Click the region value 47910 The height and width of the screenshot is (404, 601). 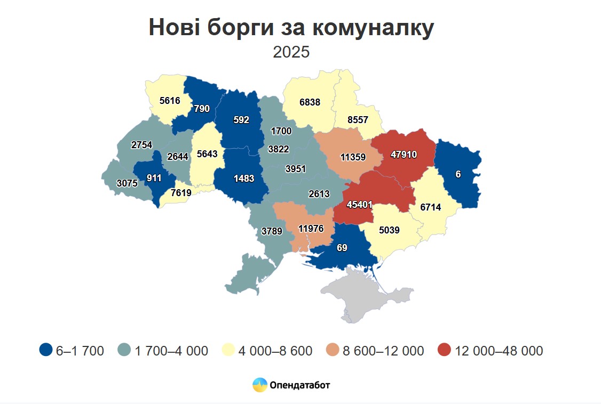[x=404, y=155]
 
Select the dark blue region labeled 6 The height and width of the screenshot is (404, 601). [x=458, y=174]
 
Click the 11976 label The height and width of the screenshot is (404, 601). [x=311, y=229]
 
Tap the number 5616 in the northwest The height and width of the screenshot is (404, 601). [x=170, y=100]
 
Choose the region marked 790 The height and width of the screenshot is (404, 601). [x=202, y=109]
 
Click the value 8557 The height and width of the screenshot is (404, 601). [x=358, y=120]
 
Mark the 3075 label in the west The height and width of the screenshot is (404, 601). [x=127, y=183]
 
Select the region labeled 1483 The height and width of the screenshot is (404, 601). [x=244, y=179]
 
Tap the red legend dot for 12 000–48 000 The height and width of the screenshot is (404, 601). [x=444, y=350]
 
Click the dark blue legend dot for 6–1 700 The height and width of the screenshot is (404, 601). [x=46, y=350]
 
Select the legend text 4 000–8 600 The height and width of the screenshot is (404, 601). [x=275, y=351]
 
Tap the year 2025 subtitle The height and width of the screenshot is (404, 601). [x=291, y=52]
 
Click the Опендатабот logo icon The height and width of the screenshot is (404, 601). [x=260, y=384]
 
